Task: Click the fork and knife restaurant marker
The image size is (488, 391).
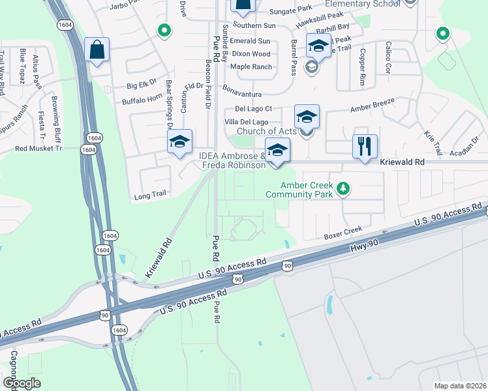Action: click(365, 145)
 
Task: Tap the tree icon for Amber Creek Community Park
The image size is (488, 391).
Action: click(342, 190)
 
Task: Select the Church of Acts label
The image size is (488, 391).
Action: click(267, 132)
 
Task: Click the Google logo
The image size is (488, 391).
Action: click(22, 383)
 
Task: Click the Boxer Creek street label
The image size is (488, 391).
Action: click(343, 233)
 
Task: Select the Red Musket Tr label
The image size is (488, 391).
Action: click(38, 149)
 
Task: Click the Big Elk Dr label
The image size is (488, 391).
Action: click(142, 85)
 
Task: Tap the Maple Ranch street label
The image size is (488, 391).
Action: click(251, 66)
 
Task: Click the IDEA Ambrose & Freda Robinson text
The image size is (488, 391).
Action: click(233, 160)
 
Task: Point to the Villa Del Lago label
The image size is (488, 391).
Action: click(247, 122)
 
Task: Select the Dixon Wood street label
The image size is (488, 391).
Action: click(251, 54)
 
